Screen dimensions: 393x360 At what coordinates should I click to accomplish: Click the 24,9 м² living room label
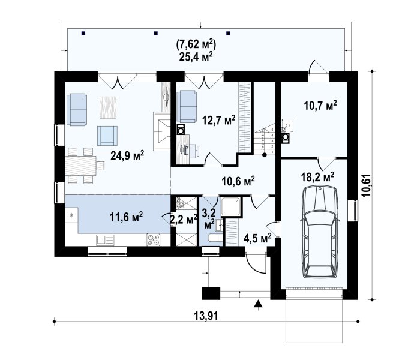[x=127, y=155]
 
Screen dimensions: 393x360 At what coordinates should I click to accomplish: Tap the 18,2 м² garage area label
[x=317, y=177]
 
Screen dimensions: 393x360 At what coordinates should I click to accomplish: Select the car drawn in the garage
[x=320, y=232]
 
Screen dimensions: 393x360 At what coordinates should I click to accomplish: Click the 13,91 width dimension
[x=206, y=316]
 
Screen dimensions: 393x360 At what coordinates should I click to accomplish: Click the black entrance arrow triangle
[x=258, y=304]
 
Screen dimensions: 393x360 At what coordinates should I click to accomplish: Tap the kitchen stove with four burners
[x=154, y=239]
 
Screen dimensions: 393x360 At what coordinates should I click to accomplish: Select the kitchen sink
[x=105, y=240]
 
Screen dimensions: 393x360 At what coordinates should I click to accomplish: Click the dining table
[x=81, y=166]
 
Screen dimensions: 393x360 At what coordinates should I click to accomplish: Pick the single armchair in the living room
[x=107, y=136]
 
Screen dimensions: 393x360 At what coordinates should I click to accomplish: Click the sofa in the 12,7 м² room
[x=187, y=107]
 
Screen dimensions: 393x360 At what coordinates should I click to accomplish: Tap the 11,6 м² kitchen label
[x=127, y=217]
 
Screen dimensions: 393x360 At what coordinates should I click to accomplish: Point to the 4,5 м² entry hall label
[x=257, y=238]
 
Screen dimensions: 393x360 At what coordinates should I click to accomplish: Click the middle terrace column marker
[x=155, y=33]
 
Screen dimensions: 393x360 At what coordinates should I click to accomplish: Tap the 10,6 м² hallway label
[x=238, y=181]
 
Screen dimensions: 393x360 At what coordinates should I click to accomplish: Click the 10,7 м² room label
[x=320, y=105]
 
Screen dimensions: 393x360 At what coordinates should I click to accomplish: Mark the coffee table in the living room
[x=108, y=108]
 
